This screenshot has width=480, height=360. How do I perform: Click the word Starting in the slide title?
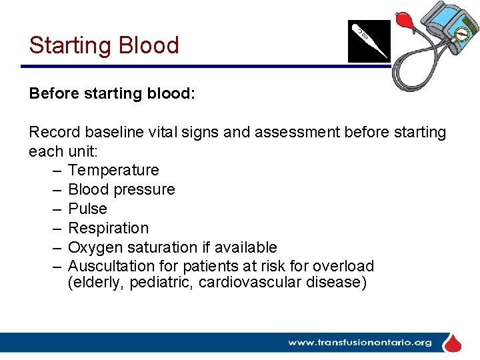(71, 45)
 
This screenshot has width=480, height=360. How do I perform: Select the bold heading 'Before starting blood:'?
(112, 93)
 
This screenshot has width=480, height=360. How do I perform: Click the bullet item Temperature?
(113, 170)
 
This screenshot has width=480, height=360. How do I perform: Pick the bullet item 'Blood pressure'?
(121, 189)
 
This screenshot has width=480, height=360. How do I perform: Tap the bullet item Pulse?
(87, 209)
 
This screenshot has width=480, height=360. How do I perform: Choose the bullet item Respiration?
(108, 228)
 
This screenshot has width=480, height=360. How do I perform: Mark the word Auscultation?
(109, 266)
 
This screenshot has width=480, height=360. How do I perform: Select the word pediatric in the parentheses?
(157, 282)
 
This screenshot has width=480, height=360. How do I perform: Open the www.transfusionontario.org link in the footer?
(359, 343)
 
